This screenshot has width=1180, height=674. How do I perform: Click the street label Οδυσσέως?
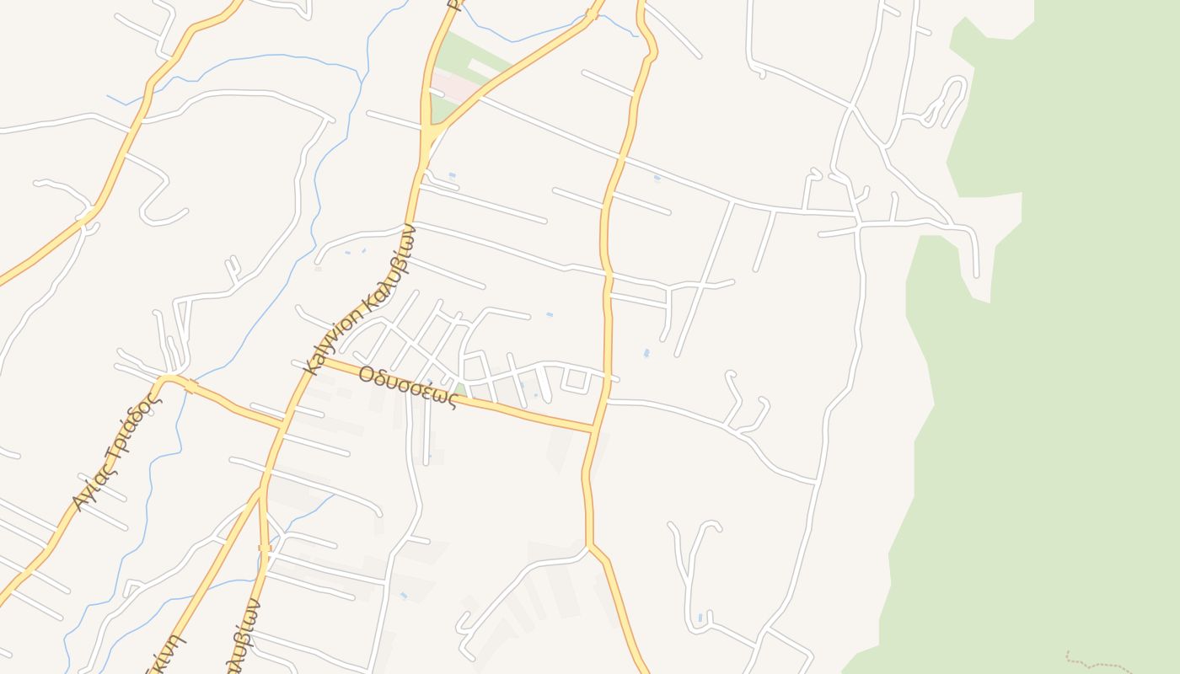tap(407, 386)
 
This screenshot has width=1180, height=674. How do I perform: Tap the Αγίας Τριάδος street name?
tap(115, 454)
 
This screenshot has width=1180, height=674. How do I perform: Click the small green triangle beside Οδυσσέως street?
tap(460, 390)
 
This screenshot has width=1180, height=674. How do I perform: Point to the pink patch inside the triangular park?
tap(455, 87)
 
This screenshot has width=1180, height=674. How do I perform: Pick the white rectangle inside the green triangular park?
tap(485, 67)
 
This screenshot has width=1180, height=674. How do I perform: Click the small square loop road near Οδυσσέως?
tap(577, 380)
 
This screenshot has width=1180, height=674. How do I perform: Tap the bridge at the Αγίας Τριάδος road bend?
tap(191, 387)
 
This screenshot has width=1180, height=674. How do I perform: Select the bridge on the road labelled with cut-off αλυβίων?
tap(265, 548)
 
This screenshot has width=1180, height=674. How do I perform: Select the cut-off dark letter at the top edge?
tap(453, 4)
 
